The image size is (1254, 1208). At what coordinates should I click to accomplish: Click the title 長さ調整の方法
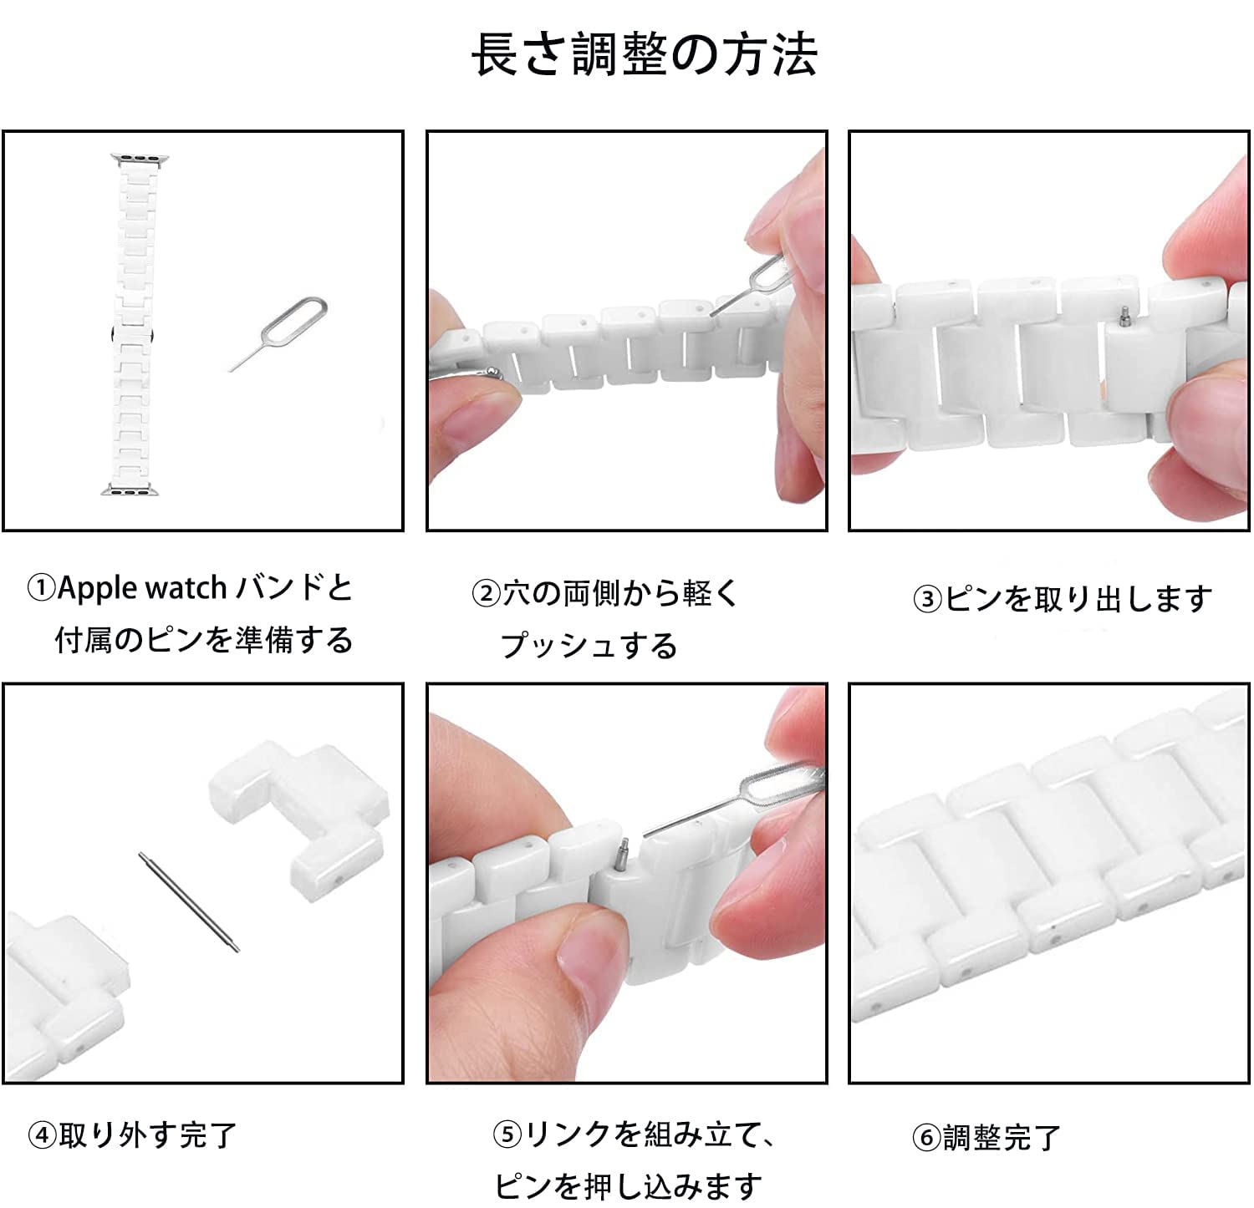tap(644, 55)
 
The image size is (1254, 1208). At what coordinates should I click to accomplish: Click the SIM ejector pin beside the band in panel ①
tap(278, 333)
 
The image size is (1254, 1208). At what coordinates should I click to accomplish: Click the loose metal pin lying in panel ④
tap(189, 901)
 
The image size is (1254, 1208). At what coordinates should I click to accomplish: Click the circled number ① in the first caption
tap(41, 589)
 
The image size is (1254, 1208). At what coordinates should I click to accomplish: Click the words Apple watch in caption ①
tap(142, 589)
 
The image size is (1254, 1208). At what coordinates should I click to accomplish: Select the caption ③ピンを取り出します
tap(1062, 598)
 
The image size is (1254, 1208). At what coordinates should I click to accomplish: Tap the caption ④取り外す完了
tap(133, 1134)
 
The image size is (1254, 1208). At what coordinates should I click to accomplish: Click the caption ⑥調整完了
tap(986, 1137)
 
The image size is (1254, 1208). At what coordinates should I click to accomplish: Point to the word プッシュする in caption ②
tap(589, 645)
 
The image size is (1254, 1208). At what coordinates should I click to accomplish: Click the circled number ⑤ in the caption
tap(507, 1134)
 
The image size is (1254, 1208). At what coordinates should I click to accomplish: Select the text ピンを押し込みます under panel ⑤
tap(629, 1185)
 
